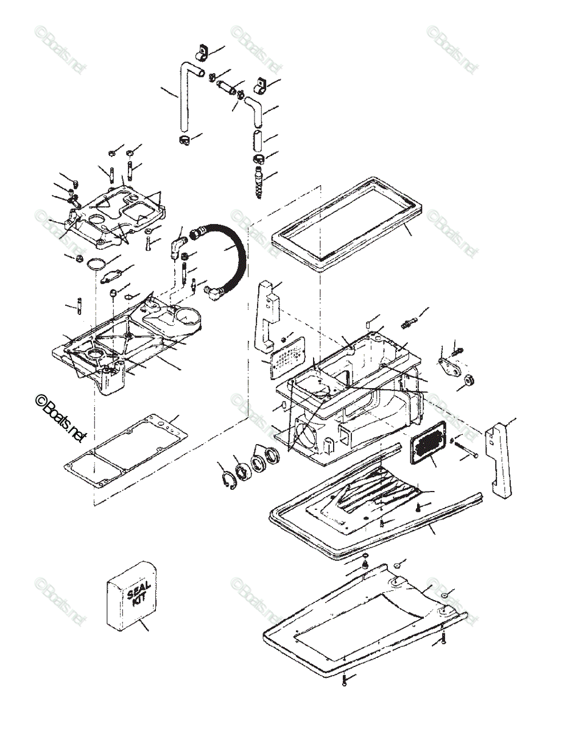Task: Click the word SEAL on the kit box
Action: coord(135,589)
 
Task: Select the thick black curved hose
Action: coord(234,256)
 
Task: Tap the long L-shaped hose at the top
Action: coord(184,97)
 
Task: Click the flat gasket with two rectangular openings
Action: coord(125,448)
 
